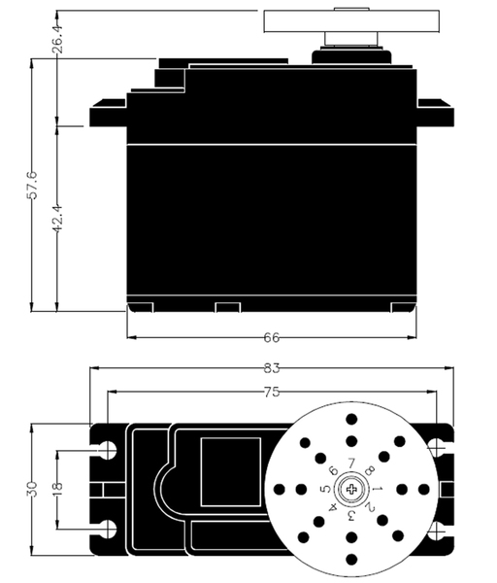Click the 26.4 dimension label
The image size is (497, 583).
pyautogui.click(x=58, y=37)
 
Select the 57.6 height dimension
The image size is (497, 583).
pyautogui.click(x=33, y=186)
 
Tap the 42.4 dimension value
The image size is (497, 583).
pyautogui.click(x=57, y=219)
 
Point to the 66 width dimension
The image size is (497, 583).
pyautogui.click(x=272, y=337)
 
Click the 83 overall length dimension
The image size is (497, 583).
pyautogui.click(x=272, y=368)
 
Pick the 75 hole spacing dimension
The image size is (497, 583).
pyautogui.click(x=272, y=392)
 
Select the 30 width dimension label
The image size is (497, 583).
pyautogui.click(x=33, y=490)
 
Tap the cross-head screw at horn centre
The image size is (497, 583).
pyautogui.click(x=351, y=489)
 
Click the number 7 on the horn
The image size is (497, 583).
pyautogui.click(x=351, y=463)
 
